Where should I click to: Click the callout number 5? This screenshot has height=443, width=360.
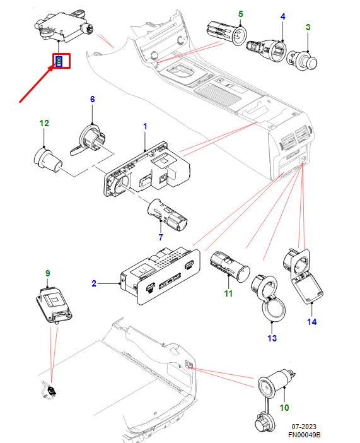tap(241, 14)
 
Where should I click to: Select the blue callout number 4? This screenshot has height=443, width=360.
tap(282, 16)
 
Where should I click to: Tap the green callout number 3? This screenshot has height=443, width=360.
tap(308, 27)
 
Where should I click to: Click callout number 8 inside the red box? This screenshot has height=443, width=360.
tap(59, 61)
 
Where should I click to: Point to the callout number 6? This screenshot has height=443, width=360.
tap(92, 99)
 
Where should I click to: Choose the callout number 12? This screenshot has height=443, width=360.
tap(44, 123)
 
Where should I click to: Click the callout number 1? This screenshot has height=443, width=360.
tap(145, 126)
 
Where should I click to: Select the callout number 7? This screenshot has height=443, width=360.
tap(161, 237)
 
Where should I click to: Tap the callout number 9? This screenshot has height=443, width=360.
tap(47, 273)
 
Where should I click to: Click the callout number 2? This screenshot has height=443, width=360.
tap(94, 283)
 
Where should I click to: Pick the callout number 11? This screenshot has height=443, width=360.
tap(228, 293)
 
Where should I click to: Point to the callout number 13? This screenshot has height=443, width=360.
tap(272, 338)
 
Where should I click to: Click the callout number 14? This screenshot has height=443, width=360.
tap(311, 322)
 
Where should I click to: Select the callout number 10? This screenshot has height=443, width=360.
tap(284, 408)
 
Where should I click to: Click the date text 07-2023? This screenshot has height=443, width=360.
tap(304, 427)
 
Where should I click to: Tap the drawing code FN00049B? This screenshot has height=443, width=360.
tap(304, 435)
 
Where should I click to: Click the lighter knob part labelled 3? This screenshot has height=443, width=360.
tap(302, 61)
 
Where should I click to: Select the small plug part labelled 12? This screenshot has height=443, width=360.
tap(48, 160)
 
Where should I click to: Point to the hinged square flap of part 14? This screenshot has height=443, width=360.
tap(308, 288)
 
